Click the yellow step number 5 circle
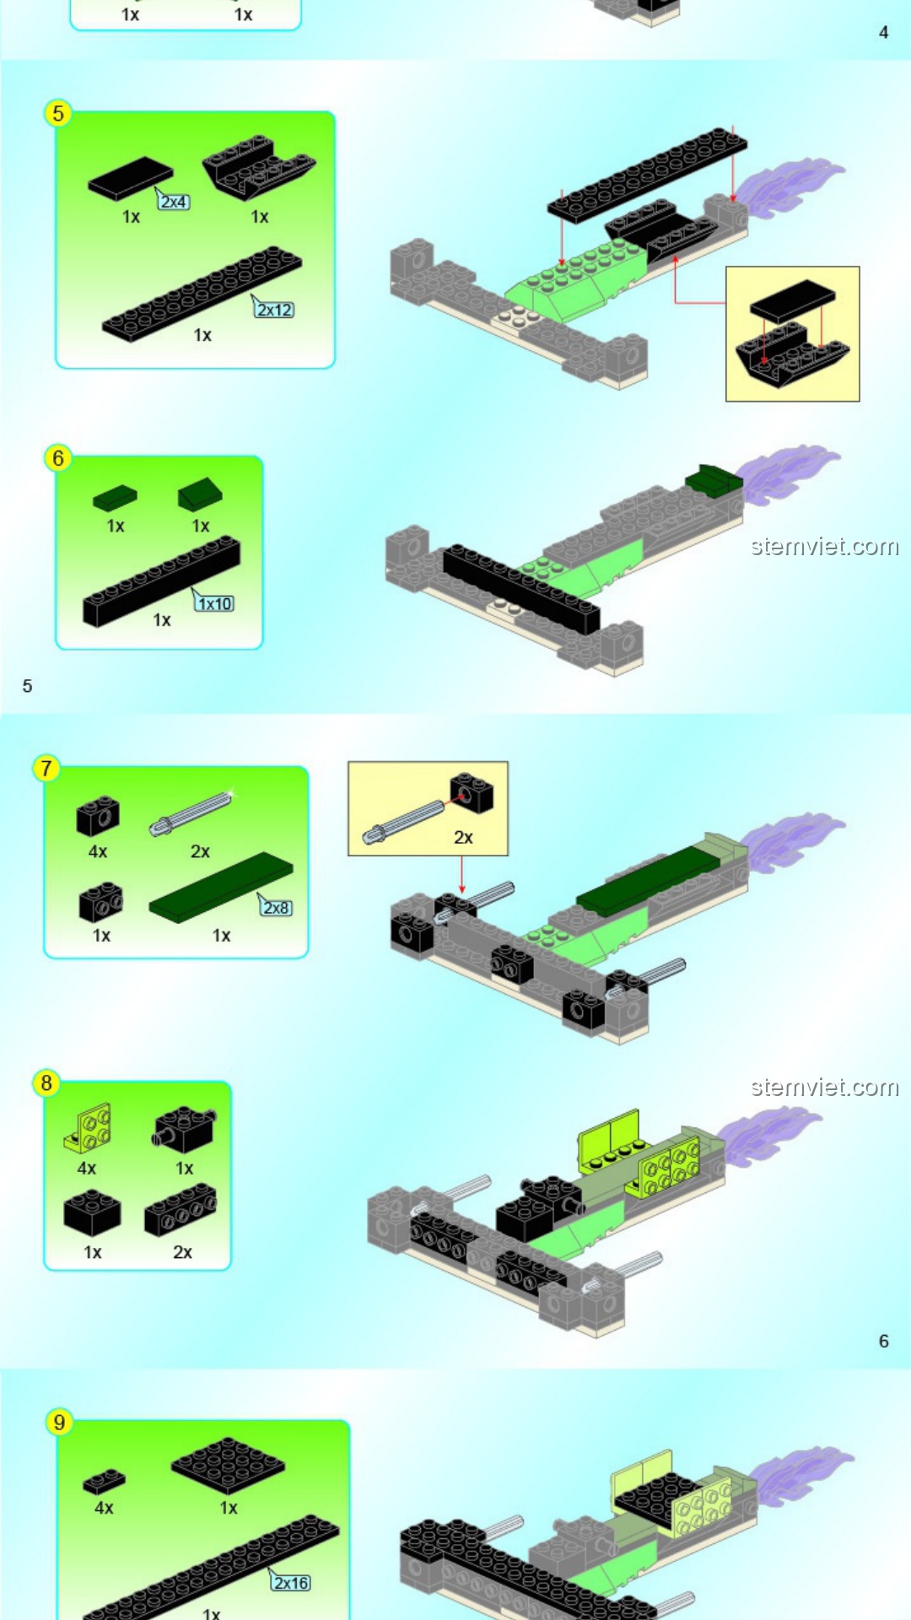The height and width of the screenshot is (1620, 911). (57, 113)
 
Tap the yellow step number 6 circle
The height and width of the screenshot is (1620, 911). (57, 458)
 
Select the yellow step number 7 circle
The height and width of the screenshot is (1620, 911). (46, 769)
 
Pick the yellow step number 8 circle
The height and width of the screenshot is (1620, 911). (46, 1083)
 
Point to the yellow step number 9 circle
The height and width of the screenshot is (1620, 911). (59, 1423)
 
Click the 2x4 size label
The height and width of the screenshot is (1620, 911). (174, 202)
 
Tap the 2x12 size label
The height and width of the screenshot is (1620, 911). (275, 310)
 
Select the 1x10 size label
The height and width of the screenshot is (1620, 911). (215, 603)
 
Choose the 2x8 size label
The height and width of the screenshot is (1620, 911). (277, 908)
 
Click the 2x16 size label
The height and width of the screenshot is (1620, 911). (291, 1583)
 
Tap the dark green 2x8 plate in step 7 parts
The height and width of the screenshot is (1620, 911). (221, 888)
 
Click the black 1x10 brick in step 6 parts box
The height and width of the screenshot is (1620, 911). (161, 581)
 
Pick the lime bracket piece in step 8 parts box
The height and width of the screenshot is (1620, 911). (87, 1128)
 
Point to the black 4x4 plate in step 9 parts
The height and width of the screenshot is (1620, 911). (228, 1466)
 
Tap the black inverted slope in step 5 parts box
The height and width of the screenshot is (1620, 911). (259, 168)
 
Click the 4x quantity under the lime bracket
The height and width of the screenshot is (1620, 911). (87, 1169)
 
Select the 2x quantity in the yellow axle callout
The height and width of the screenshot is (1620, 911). (463, 838)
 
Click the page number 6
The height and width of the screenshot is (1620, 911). (883, 1341)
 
